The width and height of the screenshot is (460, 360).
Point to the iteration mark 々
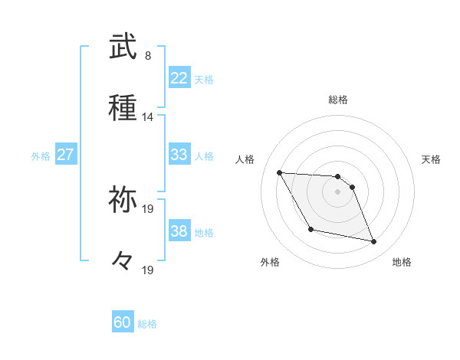[123, 261]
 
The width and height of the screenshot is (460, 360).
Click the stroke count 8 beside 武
[148, 56]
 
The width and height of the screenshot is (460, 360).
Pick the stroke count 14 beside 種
[148, 117]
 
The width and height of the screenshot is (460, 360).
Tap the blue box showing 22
[179, 78]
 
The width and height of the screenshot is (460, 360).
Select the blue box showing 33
[179, 155]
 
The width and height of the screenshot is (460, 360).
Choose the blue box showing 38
[179, 231]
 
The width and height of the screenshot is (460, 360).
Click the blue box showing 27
[66, 155]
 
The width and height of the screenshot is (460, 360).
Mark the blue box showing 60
[123, 322]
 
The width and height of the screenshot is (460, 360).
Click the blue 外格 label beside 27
[41, 156]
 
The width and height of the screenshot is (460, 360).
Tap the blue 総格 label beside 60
[147, 324]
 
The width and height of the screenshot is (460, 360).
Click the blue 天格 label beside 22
[204, 80]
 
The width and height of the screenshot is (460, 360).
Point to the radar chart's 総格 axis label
[338, 100]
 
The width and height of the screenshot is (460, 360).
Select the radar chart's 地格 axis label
[402, 262]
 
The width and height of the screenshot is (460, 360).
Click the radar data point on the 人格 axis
[280, 172]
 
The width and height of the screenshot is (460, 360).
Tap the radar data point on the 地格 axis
[374, 242]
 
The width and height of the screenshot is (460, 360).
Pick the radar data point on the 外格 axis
[310, 229]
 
